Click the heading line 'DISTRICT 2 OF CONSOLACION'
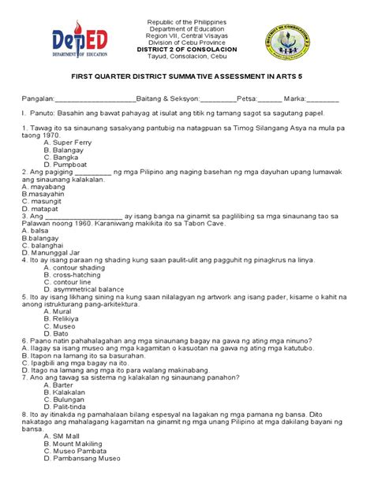186,50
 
